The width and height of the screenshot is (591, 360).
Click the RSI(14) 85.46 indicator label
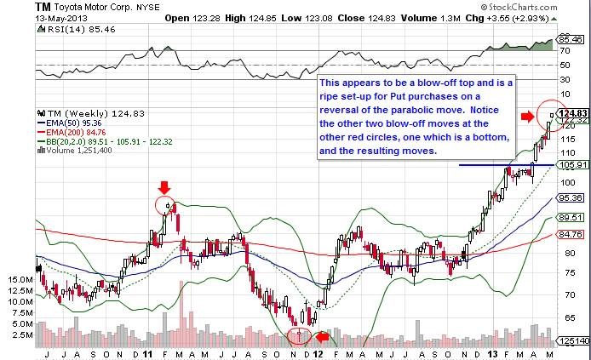[x=69, y=29]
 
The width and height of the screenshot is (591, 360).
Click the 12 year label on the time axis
[x=318, y=351]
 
